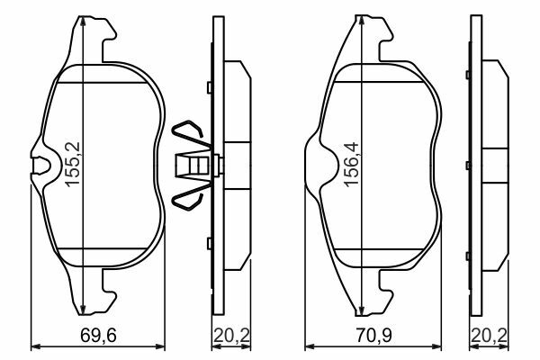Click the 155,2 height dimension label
(x=73, y=165)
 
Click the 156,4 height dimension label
(x=352, y=165)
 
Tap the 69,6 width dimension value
(x=98, y=335)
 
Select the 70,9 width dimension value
(x=374, y=335)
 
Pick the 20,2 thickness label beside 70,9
(x=489, y=335)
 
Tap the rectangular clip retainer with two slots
(x=193, y=165)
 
